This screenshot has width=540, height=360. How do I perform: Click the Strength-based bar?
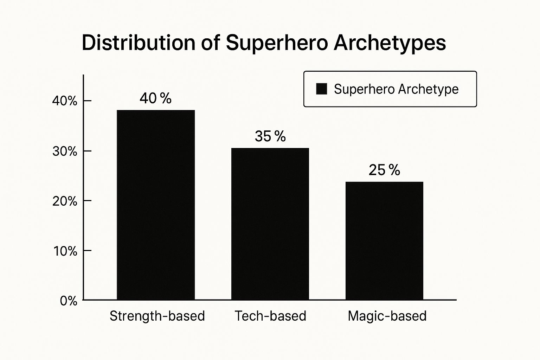pyautogui.click(x=156, y=205)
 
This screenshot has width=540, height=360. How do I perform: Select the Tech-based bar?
pyautogui.click(x=270, y=224)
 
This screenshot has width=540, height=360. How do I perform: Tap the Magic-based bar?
pyautogui.click(x=384, y=241)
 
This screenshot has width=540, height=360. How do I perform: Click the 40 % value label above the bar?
pyautogui.click(x=155, y=98)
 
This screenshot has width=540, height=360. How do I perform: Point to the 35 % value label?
pyautogui.click(x=270, y=136)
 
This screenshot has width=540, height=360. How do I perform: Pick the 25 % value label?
pyautogui.click(x=384, y=170)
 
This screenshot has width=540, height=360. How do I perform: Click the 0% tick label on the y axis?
pyautogui.click(x=69, y=301)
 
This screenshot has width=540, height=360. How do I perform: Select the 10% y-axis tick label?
pyautogui.click(x=65, y=251)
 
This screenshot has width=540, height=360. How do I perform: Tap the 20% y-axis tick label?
pyautogui.click(x=65, y=201)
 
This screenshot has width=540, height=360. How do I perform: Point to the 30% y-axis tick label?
pyautogui.click(x=65, y=151)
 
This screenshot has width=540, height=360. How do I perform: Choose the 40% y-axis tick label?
pyautogui.click(x=65, y=101)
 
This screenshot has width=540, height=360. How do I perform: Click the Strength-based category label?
pyautogui.click(x=157, y=316)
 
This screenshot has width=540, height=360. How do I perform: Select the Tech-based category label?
pyautogui.click(x=270, y=316)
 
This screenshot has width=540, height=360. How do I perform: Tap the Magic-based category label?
pyautogui.click(x=387, y=316)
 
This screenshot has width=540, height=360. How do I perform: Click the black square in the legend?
pyautogui.click(x=321, y=89)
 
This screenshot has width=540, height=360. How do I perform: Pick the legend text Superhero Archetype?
pyautogui.click(x=396, y=89)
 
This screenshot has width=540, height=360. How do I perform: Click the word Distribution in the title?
pyautogui.click(x=138, y=43)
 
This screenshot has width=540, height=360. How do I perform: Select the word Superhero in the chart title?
pyautogui.click(x=277, y=43)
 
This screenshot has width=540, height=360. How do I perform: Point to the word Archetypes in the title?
pyautogui.click(x=390, y=44)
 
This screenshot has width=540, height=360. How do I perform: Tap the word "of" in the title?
pyautogui.click(x=211, y=43)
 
